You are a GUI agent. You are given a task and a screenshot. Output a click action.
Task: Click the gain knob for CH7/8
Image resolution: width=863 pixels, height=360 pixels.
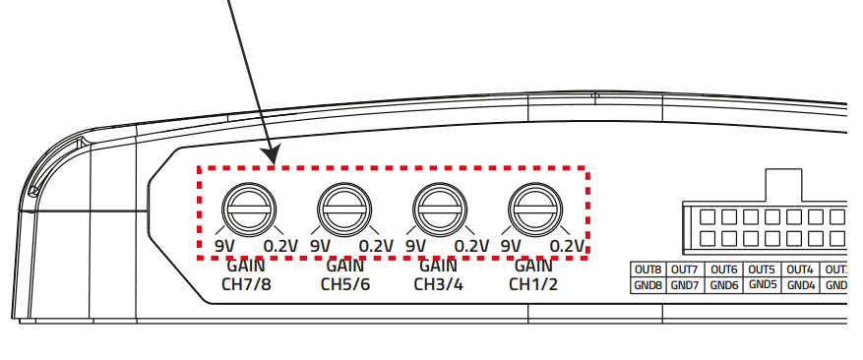[249, 210]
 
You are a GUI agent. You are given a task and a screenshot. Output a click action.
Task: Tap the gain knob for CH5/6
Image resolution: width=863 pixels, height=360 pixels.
[344, 210]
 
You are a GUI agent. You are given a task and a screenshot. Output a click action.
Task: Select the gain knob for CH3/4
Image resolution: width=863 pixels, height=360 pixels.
[440, 210]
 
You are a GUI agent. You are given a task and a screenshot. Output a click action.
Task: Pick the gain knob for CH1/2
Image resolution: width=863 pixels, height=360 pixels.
[535, 210]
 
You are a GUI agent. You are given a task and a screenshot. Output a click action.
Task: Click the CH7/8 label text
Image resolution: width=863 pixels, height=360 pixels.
[246, 284]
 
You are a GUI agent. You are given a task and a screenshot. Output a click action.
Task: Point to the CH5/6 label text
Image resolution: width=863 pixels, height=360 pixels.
[345, 284]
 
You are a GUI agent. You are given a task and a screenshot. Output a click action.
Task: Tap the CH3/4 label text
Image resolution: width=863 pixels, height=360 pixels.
[439, 284]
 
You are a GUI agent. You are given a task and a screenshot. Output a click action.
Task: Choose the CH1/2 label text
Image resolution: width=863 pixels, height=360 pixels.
[533, 284]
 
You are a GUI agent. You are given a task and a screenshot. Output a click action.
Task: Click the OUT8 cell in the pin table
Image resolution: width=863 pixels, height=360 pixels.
[647, 270]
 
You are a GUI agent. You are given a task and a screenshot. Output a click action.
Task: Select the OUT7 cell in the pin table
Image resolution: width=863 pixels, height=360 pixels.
[684, 270]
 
